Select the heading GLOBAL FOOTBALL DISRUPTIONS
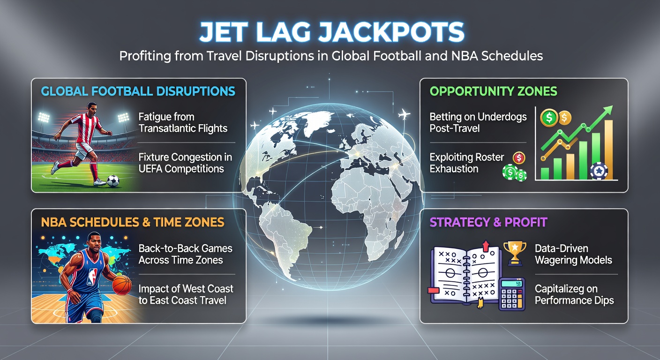click(138, 91)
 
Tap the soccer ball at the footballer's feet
click(113, 180)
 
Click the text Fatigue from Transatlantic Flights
click(182, 122)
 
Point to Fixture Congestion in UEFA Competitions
click(185, 162)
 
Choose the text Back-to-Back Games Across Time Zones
click(185, 254)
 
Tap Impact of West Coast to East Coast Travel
click(186, 294)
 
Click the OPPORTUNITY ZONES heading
click(494, 91)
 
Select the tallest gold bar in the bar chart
click(608, 150)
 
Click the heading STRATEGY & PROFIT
click(488, 222)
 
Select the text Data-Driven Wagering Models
click(573, 254)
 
